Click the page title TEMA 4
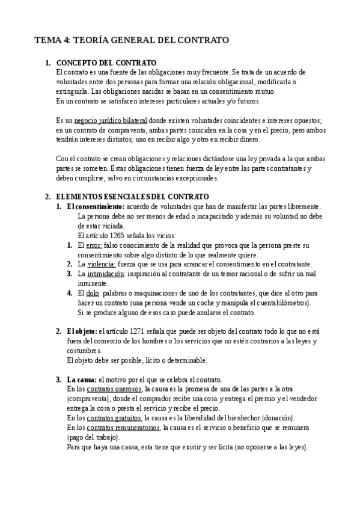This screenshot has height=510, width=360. pyautogui.click(x=132, y=40)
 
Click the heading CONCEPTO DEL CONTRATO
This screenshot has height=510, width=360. pyautogui.click(x=106, y=63)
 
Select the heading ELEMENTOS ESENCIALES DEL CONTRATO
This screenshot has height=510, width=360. pyautogui.click(x=132, y=197)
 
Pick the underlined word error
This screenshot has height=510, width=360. pyautogui.click(x=95, y=245)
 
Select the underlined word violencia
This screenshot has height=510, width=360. pyautogui.click(x=100, y=264)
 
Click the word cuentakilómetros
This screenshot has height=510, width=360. pyautogui.click(x=276, y=303)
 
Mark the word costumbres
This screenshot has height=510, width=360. pyautogui.click(x=84, y=351)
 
